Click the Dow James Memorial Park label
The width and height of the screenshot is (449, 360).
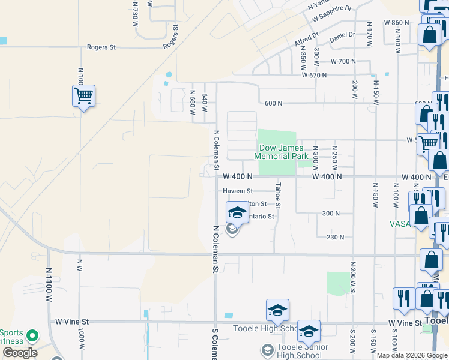(x=283, y=152)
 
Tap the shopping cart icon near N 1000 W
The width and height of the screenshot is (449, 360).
(x=83, y=95)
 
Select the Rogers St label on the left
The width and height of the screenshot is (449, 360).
(x=101, y=47)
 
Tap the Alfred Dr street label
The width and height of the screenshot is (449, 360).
(x=306, y=39)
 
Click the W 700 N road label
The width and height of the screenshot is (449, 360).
(x=343, y=62)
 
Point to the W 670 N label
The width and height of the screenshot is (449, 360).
(x=315, y=75)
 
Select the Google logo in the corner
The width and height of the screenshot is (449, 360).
(x=19, y=353)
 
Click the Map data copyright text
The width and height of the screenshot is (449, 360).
(x=412, y=355)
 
